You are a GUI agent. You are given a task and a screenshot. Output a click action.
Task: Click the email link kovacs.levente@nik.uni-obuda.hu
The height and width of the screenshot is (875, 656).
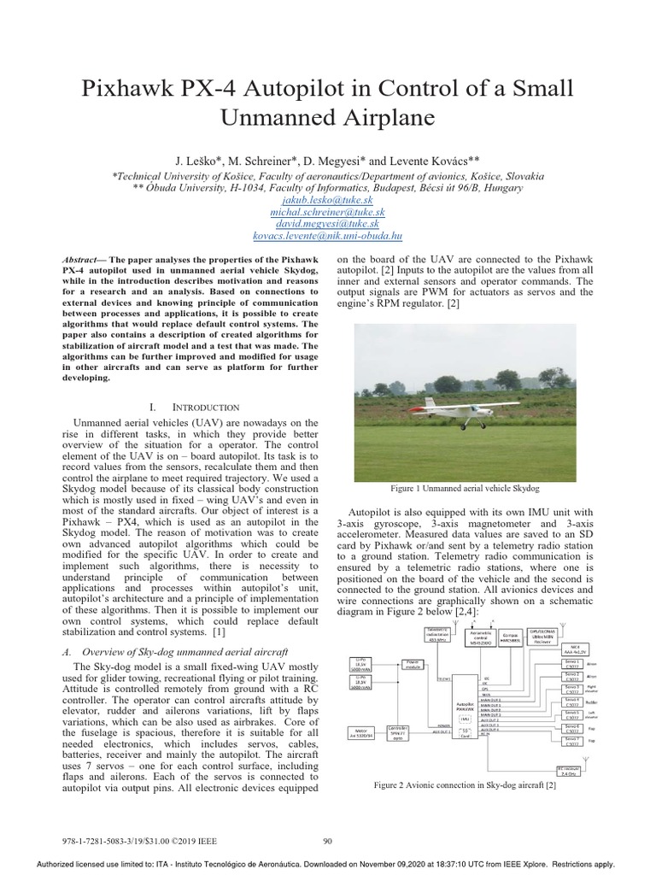pos(328,235)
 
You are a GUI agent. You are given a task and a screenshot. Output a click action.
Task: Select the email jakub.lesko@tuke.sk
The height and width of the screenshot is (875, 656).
pos(328,199)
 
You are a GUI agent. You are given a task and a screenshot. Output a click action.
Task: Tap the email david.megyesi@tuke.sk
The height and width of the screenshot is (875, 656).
pos(328,223)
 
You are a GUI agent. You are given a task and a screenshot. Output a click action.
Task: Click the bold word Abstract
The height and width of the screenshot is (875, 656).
pos(85,259)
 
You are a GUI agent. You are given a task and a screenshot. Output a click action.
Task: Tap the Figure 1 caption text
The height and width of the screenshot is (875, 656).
pos(465,488)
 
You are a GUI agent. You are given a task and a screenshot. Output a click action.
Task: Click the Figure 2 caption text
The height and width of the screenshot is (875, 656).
pos(465,784)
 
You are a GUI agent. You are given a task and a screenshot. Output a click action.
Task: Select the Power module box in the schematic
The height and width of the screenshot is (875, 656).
pos(413,663)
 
